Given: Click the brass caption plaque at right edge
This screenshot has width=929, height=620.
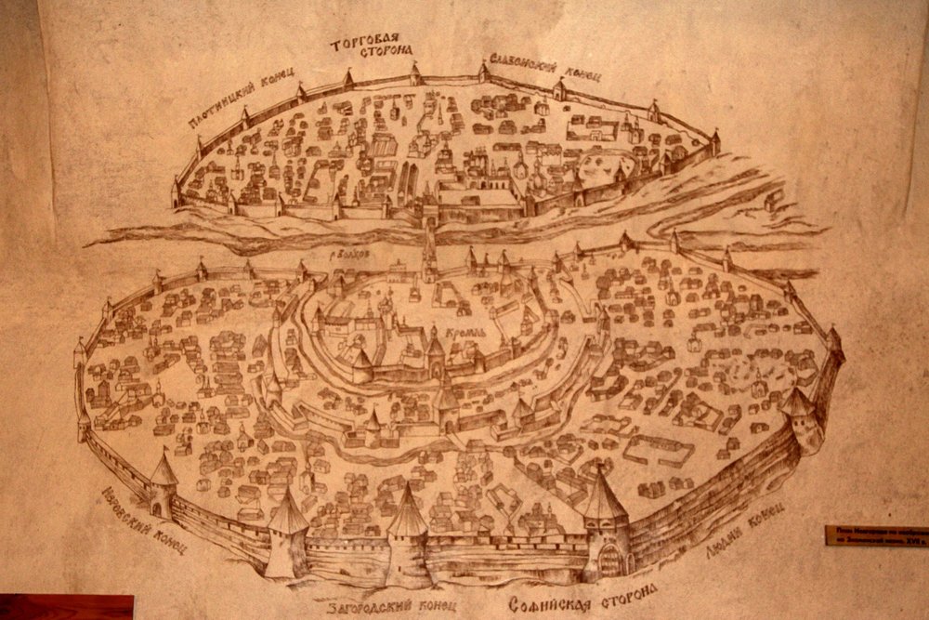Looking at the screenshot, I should pos(876,535).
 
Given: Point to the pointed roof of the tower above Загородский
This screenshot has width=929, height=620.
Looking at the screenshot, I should pos(406,510).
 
